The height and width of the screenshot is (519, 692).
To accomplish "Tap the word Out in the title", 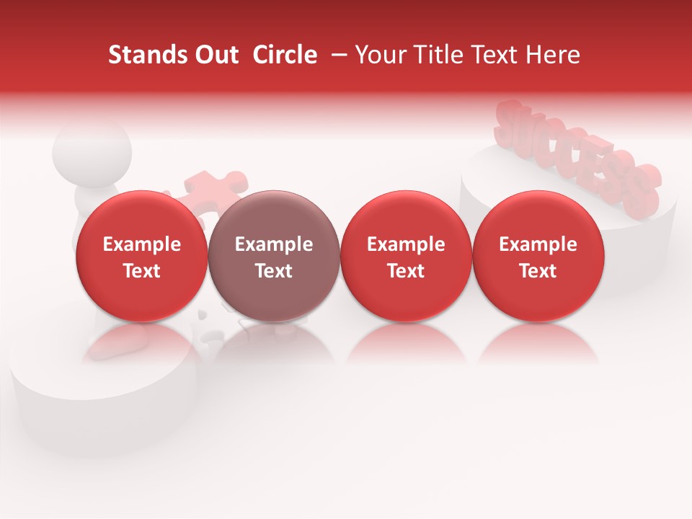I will click(214, 55).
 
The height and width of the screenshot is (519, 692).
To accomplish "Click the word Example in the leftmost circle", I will click(141, 244).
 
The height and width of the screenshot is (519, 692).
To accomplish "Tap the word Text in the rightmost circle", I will click(538, 271).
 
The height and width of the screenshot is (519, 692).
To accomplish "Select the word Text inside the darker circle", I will click(274, 271).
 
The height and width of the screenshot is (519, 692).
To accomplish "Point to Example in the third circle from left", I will click(406, 244).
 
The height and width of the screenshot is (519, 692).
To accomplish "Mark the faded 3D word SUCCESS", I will click(577, 155).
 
